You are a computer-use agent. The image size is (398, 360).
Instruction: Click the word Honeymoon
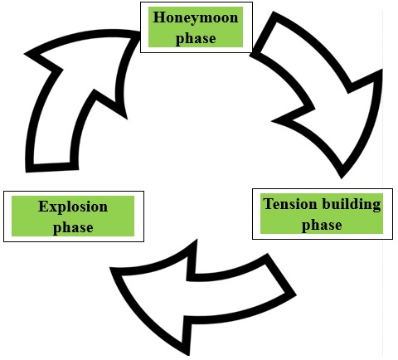click(196, 18)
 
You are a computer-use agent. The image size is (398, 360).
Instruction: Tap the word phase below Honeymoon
click(196, 38)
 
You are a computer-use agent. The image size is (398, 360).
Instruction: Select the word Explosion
click(73, 207)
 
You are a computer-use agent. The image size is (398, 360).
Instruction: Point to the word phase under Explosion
click(73, 228)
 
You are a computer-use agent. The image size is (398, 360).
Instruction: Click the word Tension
click(290, 204)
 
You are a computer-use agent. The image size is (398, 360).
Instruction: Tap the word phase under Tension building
click(322, 225)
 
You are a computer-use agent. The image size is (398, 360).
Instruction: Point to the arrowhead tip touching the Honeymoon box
click(139, 33)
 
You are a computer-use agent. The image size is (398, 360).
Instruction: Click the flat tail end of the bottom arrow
click(281, 274)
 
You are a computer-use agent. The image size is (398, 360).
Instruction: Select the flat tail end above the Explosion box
click(52, 168)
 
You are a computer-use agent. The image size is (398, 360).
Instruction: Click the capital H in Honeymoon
click(159, 17)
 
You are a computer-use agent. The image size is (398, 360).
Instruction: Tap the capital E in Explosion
click(43, 207)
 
